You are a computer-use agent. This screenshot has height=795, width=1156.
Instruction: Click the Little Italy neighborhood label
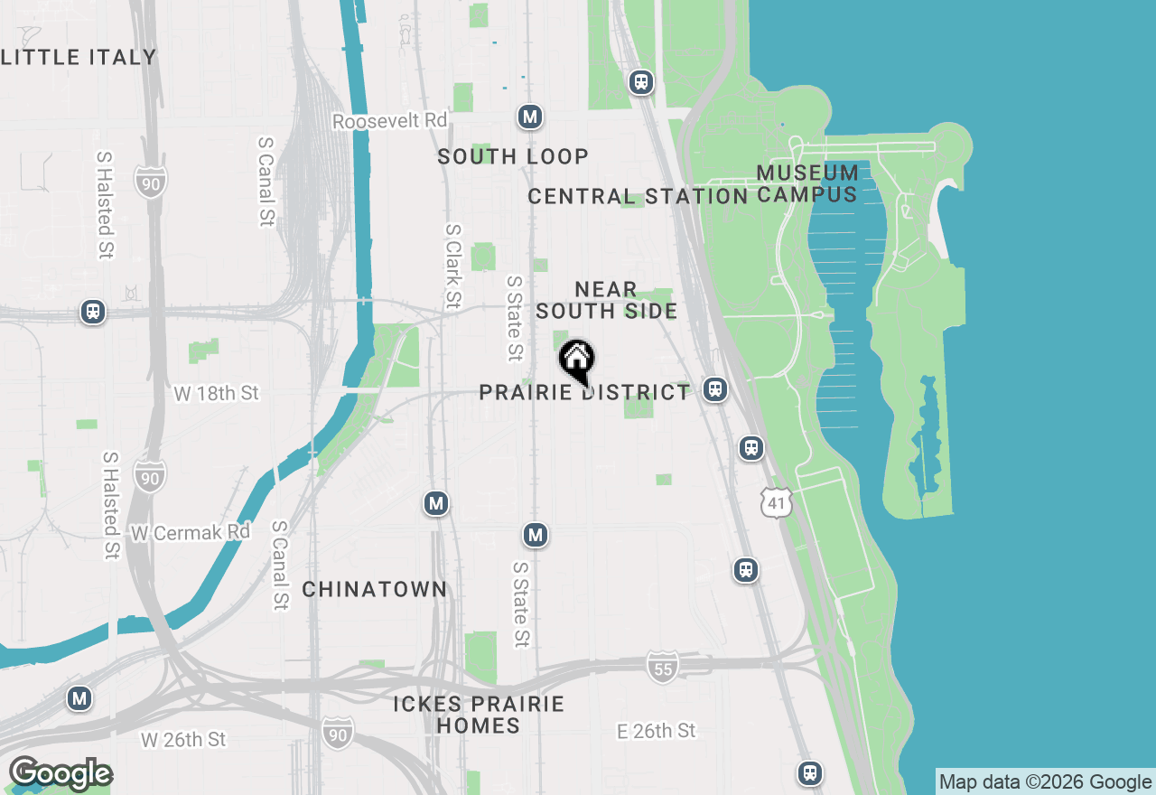pyautogui.click(x=79, y=57)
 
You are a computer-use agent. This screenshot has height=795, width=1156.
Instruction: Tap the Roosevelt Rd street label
pyautogui.click(x=389, y=121)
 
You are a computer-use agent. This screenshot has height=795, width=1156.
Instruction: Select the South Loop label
pyautogui.click(x=513, y=156)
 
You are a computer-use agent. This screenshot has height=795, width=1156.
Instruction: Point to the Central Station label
pyautogui.click(x=638, y=196)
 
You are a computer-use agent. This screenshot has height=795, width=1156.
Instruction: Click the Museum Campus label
pyautogui.click(x=806, y=183)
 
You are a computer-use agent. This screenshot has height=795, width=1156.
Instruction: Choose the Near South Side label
pyautogui.click(x=606, y=300)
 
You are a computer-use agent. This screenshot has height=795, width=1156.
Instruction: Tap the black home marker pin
pyautogui.click(x=577, y=360)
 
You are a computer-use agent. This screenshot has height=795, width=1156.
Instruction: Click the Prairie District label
pyautogui.click(x=584, y=392)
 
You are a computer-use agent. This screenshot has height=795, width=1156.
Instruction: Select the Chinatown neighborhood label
pyautogui.click(x=375, y=590)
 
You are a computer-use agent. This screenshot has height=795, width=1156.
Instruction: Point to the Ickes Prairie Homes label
pyautogui.click(x=479, y=715)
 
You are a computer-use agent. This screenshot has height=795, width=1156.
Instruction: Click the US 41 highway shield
pyautogui.click(x=777, y=503)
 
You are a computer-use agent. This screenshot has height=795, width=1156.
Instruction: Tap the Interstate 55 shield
pyautogui.click(x=662, y=668)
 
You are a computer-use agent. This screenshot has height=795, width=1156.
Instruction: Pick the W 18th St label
pyautogui.click(x=216, y=393)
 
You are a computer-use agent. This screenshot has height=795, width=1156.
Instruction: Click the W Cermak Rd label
pyautogui.click(x=190, y=533)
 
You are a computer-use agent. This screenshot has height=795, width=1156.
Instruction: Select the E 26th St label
pyautogui.click(x=657, y=730)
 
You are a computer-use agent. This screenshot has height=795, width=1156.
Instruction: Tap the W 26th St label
pyautogui.click(x=183, y=740)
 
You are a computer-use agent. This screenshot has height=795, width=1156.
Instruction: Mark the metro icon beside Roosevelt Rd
pyautogui.click(x=530, y=117)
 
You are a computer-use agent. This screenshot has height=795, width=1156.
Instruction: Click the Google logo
pyautogui.click(x=61, y=774)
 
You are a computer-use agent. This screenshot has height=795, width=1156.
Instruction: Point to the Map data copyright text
pyautogui.click(x=1045, y=782)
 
